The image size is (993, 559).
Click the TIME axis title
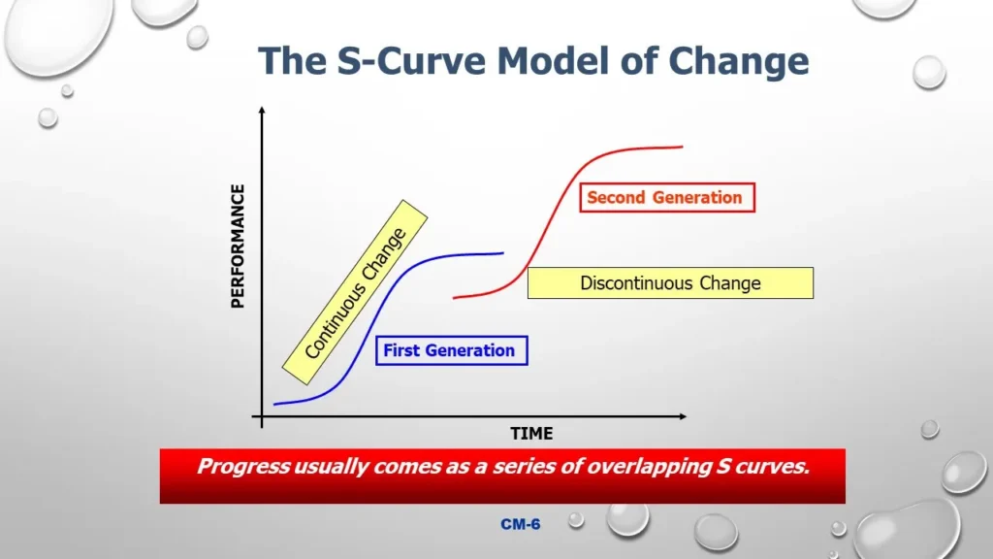(531, 434)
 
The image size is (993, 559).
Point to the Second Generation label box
(664, 198)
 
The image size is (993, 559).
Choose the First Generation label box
(450, 350)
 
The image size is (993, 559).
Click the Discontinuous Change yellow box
(670, 283)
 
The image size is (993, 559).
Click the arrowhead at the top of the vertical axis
(261, 112)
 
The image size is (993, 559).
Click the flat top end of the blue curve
(501, 253)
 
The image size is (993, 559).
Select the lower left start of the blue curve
(276, 403)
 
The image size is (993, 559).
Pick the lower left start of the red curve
(456, 297)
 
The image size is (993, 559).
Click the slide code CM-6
(521, 525)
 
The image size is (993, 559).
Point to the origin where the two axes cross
(261, 417)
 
